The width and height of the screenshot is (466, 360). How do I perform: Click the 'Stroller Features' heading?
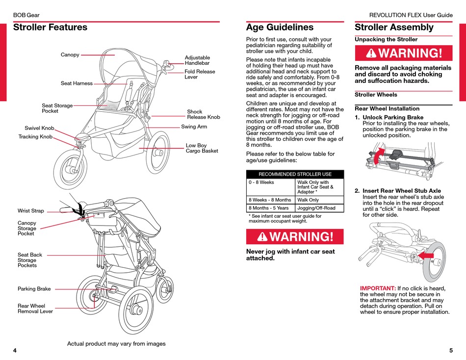pos(50,27)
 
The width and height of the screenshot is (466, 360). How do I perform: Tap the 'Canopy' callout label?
pos(70,55)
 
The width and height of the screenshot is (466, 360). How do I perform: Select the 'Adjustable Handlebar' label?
pos(197,60)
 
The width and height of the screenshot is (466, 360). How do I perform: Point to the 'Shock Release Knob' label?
pos(204,114)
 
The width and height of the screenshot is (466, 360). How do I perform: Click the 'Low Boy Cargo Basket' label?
pos(202,148)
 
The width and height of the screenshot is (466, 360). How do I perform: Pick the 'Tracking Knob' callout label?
pos(35,137)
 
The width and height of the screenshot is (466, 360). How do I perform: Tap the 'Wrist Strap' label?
pos(31,211)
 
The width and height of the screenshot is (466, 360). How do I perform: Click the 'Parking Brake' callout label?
pos(34,289)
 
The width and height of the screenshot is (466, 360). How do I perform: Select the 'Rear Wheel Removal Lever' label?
pos(35,309)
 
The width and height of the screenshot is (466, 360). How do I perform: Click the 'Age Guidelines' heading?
pos(280,27)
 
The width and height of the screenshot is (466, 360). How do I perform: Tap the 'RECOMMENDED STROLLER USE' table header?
pos(295,174)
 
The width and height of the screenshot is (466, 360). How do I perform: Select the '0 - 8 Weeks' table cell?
pos(261,182)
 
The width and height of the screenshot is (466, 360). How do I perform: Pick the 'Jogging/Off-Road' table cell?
pos(316,208)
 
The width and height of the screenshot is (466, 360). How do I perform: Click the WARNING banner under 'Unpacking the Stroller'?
pos(403,53)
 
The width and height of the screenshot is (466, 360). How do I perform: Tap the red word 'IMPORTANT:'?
pos(378,288)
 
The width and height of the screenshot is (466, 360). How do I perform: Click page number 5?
pos(451,351)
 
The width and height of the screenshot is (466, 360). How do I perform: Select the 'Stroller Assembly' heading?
pos(394,27)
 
